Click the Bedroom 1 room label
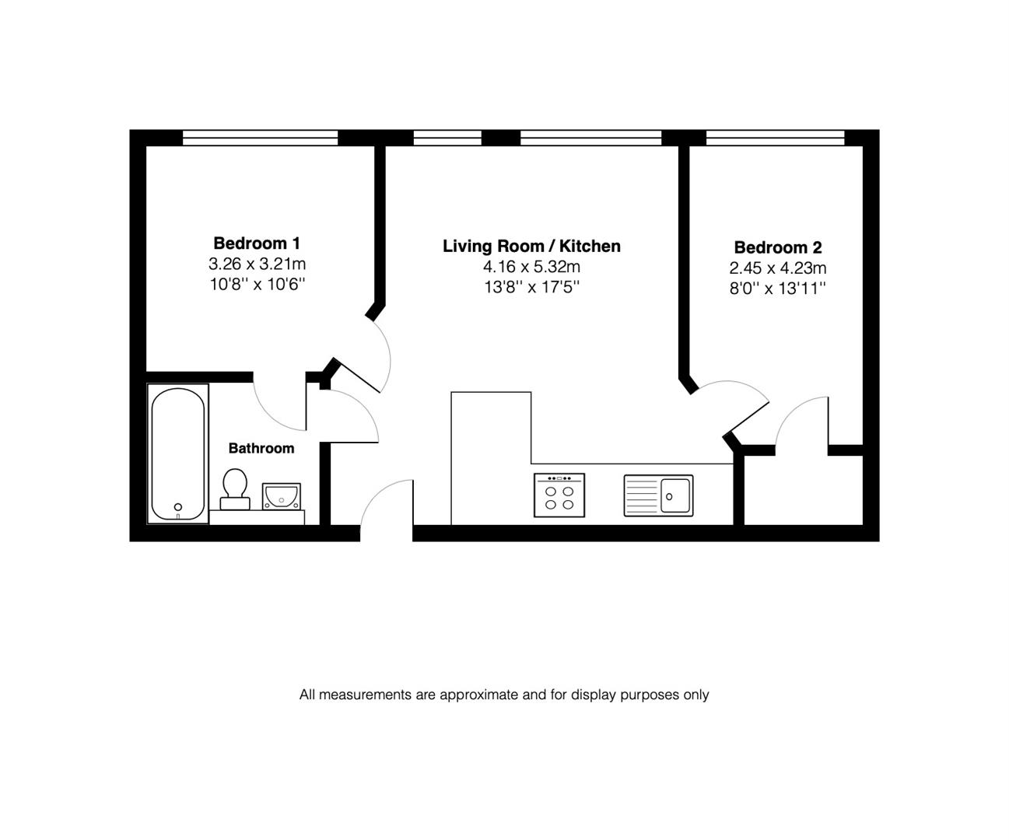tap(257, 243)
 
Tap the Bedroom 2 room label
tap(777, 248)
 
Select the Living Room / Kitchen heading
tap(531, 247)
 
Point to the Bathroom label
tap(261, 449)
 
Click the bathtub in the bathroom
tap(178, 454)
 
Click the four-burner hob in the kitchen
tap(559, 495)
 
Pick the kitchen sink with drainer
tap(658, 495)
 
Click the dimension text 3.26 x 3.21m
tap(257, 264)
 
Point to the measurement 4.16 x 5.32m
tap(531, 268)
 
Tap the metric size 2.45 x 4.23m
tap(777, 268)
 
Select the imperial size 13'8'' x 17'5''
tap(531, 288)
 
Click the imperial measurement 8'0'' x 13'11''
tap(777, 289)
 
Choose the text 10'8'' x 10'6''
tap(257, 284)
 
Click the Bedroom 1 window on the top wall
tap(261, 138)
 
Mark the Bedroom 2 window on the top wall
tap(775, 138)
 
